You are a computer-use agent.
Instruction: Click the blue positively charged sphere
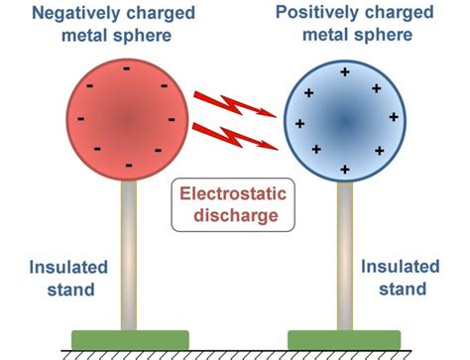343,121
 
